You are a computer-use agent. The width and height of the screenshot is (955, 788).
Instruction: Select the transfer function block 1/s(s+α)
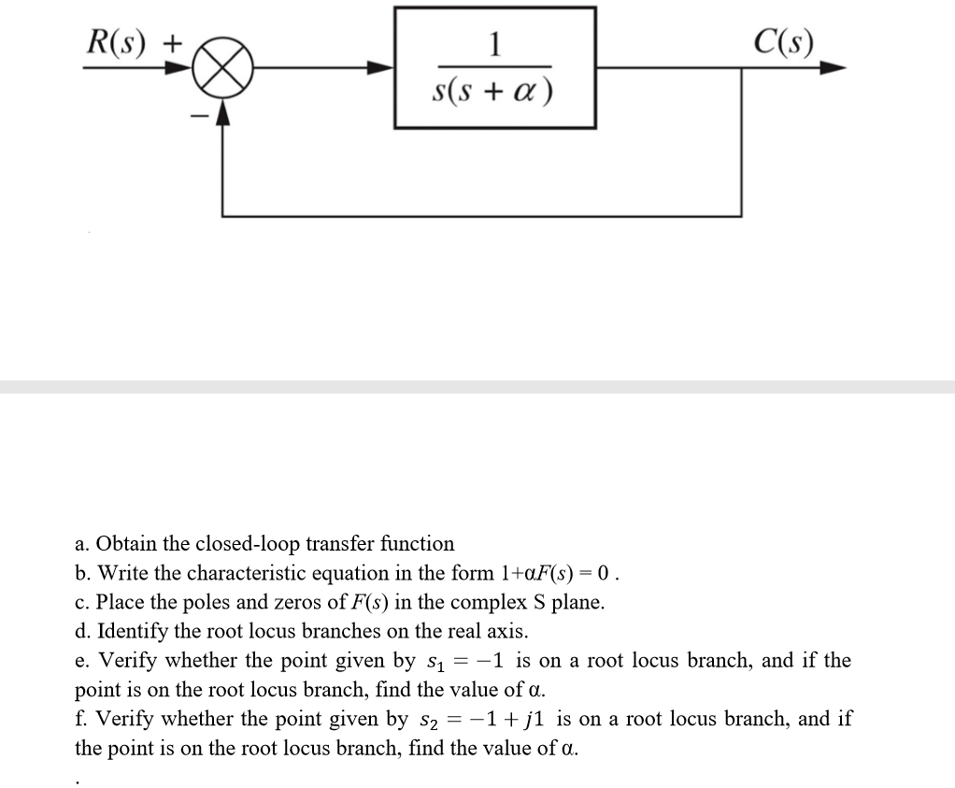pos(494,67)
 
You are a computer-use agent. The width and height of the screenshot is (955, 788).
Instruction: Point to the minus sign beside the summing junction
pos(197,116)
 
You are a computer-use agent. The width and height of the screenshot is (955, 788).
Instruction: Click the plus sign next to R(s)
pos(176,42)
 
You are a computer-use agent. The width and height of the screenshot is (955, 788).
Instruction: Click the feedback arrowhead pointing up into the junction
pos(222,111)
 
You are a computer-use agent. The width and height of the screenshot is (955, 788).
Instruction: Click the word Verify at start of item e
pos(124,661)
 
